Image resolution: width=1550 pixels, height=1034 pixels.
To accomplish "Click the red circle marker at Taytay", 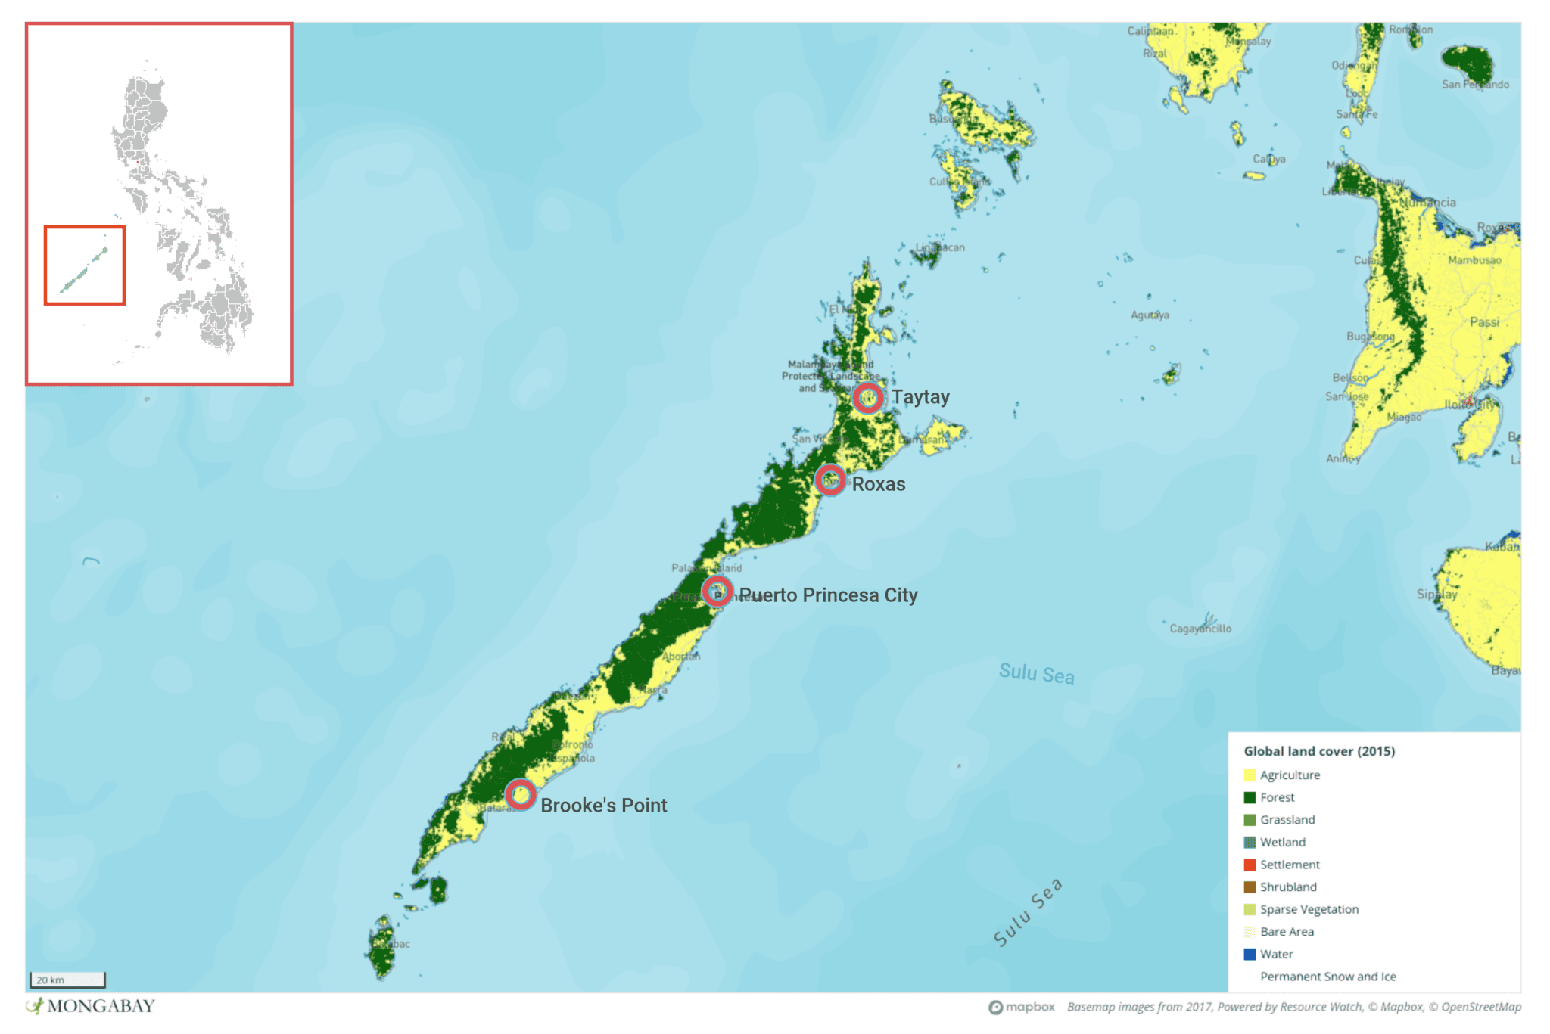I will pos(867,397).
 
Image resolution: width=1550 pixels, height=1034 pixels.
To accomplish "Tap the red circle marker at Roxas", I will pos(829,480).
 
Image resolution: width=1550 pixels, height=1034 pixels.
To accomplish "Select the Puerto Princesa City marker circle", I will pos(716,591).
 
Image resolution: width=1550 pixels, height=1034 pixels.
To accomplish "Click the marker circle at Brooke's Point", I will pos(521,795).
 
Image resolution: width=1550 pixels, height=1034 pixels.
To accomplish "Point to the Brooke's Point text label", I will pos(603,806).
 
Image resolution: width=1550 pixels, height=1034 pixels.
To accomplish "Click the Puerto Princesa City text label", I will pos(828,595).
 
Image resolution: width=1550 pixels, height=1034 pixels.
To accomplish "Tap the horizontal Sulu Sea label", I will pos(1036,673).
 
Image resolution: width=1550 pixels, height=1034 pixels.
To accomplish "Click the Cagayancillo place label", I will pos(1200,629).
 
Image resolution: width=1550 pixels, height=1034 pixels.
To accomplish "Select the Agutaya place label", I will pos(1150,315).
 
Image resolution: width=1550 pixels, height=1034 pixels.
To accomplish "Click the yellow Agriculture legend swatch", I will pos(1250,775).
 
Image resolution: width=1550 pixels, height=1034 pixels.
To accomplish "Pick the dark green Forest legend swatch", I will pos(1250,797).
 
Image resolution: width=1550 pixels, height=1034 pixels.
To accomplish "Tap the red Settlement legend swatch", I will pos(1250,865).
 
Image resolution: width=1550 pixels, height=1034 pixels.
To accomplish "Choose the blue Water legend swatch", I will pos(1250,954).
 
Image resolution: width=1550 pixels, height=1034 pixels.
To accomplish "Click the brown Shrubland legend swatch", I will pos(1250,887).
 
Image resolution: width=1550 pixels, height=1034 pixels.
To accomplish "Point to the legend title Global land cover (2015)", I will pos(1319,751).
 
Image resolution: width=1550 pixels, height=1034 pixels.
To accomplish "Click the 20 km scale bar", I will pos(67,980).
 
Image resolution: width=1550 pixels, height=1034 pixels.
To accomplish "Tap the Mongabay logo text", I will pos(100,1006).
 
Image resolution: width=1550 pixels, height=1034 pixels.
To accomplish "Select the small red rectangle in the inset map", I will pos(85,265).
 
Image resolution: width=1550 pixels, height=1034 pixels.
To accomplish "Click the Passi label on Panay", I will pos(1484,322).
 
